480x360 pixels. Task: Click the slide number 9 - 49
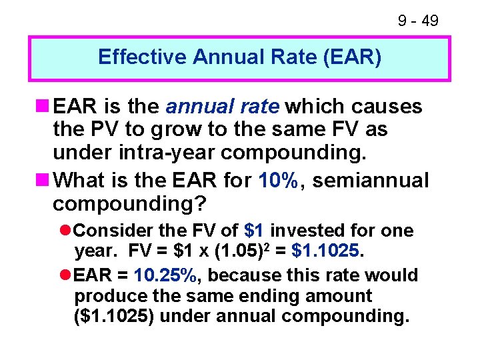pos(418,21)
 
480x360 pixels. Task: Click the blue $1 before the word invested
pos(254,231)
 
